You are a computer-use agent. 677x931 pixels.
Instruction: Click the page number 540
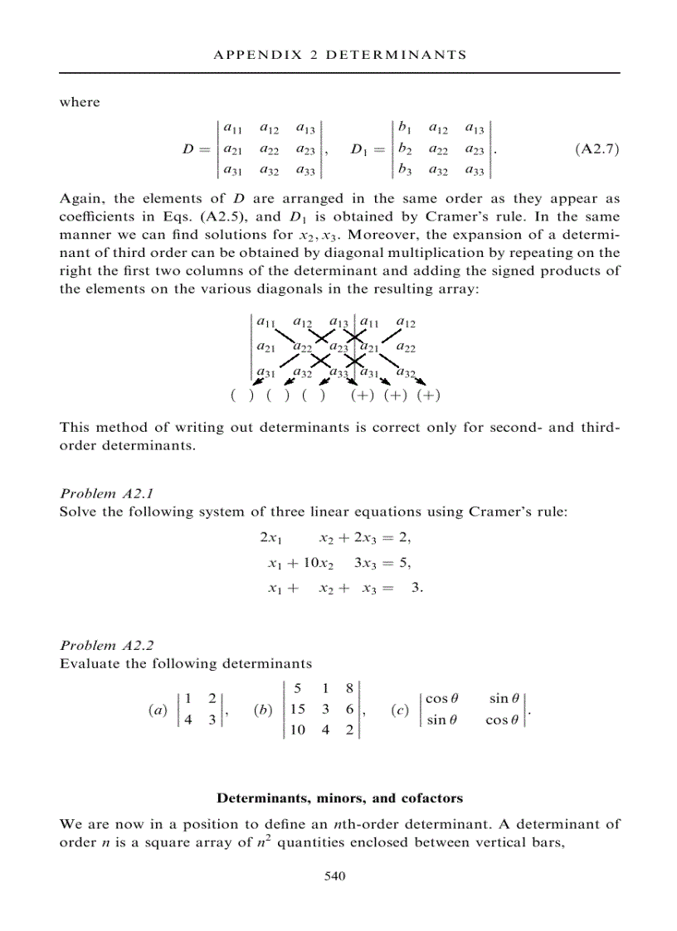(334, 875)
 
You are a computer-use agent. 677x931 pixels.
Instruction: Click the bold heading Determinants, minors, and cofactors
(339, 798)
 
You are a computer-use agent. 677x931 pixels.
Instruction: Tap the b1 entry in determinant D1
(405, 128)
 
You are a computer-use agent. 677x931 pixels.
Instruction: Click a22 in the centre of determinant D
(269, 150)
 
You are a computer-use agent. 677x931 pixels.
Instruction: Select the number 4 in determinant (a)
(188, 720)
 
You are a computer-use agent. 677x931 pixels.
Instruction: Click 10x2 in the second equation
(316, 564)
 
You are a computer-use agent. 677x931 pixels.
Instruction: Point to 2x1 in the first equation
(271, 539)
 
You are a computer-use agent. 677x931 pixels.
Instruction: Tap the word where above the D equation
(80, 102)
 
